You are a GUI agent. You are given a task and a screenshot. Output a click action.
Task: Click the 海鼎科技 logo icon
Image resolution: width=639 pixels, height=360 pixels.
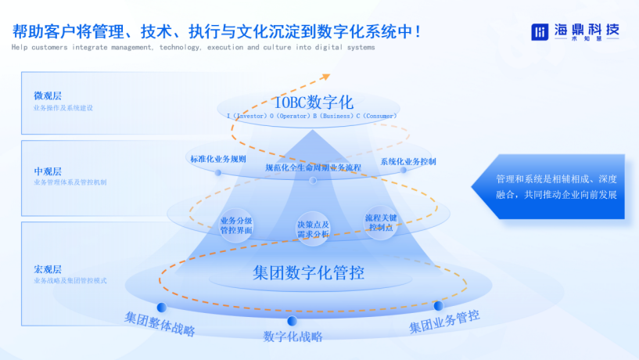point(540,31)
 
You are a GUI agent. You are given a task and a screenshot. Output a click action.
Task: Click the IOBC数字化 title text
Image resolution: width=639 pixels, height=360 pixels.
point(313,103)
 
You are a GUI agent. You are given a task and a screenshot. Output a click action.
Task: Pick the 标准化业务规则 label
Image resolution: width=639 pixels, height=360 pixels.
point(217,159)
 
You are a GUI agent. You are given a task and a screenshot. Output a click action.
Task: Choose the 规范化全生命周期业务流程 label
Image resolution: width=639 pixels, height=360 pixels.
point(313,167)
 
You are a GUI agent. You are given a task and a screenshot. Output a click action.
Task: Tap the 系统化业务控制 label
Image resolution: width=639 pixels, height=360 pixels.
point(408,161)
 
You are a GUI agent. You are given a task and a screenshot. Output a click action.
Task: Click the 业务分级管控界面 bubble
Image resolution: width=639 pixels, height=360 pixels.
point(236,225)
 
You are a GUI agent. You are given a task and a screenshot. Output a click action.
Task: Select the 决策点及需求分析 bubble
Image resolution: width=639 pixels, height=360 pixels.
point(313,229)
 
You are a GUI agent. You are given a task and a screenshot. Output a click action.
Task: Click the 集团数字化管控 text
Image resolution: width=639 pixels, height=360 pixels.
point(309,273)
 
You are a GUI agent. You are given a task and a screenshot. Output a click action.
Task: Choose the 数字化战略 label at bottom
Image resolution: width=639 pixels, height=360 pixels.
point(293,337)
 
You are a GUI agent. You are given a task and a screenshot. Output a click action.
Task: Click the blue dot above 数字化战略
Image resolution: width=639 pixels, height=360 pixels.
point(292,321)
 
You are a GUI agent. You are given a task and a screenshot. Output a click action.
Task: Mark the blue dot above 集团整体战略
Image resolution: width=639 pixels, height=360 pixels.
point(162,307)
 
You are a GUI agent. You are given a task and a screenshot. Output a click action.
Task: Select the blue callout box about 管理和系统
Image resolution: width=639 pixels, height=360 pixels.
point(555,186)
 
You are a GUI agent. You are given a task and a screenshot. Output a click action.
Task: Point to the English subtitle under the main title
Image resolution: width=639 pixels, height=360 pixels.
point(193,47)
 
